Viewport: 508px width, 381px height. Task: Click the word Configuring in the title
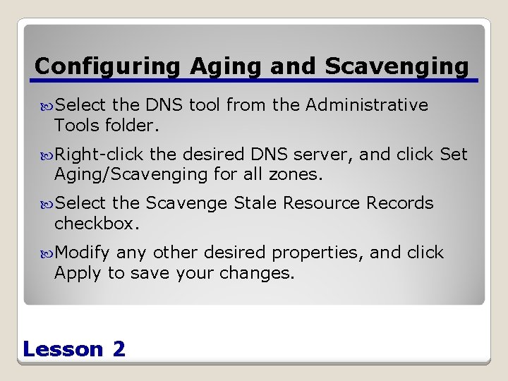tap(109, 66)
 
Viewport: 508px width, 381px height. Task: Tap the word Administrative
tap(367, 105)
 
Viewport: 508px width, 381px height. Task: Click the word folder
tap(133, 126)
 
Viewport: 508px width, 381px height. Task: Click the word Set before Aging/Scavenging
tap(454, 155)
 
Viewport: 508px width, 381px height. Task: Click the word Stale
tap(255, 203)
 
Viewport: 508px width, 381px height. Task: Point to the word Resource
tap(322, 203)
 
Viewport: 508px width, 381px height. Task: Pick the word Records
tap(400, 203)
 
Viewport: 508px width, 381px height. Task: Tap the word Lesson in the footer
tap(63, 349)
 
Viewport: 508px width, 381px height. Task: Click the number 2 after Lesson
tap(119, 349)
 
